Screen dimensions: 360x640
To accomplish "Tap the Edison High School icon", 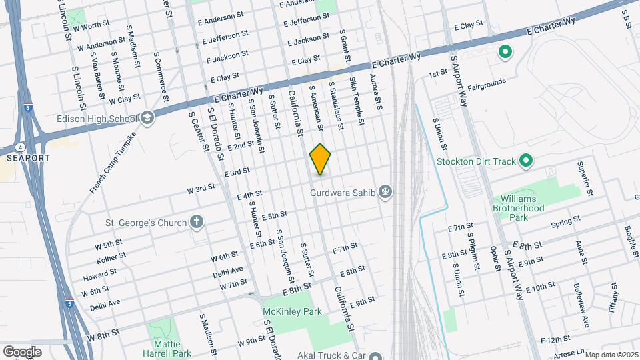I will tap(147, 118).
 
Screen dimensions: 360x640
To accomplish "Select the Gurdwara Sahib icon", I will tap(385, 193).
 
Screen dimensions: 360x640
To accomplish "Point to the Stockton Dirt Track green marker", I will tap(525, 161).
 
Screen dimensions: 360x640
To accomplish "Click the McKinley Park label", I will tap(293, 311).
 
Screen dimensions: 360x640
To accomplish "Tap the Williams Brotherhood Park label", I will tap(527, 208).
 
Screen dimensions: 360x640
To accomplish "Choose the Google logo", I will tap(22, 351).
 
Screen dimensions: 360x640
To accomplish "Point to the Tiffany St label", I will tap(614, 297).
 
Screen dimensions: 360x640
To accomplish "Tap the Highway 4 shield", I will tap(21, 147).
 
